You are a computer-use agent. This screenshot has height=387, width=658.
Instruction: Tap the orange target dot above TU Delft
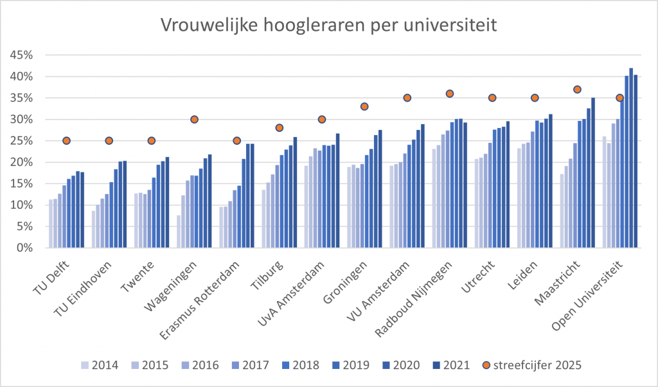pos(66,141)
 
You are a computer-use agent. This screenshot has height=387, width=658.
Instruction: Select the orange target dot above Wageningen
pos(194,120)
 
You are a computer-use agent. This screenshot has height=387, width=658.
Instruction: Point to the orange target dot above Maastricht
pos(577,89)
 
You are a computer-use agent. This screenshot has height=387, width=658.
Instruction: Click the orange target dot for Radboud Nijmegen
pos(450,94)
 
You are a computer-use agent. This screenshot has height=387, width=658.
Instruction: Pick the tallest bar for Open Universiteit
pos(631,157)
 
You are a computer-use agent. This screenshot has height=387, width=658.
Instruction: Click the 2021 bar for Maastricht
pos(593,172)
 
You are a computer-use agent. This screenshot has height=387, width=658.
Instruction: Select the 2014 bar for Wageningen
pos(179,231)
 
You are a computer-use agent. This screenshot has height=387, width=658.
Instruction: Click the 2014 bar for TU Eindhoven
pos(94,229)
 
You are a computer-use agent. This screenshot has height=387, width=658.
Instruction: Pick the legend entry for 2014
pos(100,365)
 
